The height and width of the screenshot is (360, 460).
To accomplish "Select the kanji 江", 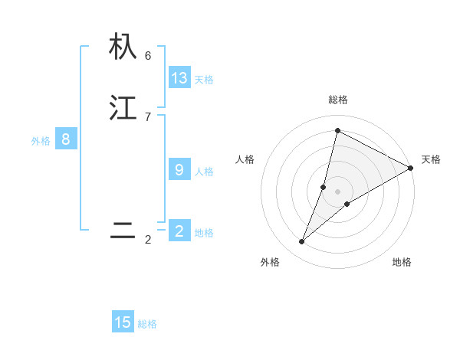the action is (123, 107).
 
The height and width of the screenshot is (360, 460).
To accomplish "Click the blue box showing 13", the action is (179, 78).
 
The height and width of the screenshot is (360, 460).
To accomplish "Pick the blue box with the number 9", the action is (179, 170).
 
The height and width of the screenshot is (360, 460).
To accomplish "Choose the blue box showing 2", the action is (179, 231).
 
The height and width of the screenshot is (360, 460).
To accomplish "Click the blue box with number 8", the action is (66, 139).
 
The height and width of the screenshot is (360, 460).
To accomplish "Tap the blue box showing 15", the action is (123, 322).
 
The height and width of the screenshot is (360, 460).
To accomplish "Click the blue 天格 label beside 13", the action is (204, 80).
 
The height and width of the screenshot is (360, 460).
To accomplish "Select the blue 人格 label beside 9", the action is (204, 172).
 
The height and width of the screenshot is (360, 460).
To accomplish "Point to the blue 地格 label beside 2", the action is (204, 233).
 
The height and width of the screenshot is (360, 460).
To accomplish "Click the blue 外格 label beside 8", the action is (41, 141).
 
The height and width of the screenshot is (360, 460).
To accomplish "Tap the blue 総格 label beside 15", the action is (147, 324).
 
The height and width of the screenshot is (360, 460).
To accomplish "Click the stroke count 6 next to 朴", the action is (148, 55).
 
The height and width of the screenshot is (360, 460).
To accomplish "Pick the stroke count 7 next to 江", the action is (148, 116).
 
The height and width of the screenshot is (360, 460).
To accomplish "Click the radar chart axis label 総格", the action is (337, 100).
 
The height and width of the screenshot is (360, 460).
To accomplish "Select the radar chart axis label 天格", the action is (431, 159).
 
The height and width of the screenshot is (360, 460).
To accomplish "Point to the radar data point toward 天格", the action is (411, 168).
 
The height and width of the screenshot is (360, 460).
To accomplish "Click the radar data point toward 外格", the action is (301, 242).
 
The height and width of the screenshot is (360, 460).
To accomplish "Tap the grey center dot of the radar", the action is (337, 191).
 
